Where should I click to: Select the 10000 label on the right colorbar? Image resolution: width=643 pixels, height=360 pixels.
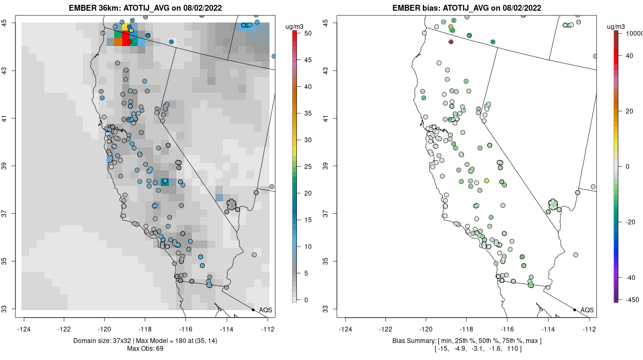point(635,33)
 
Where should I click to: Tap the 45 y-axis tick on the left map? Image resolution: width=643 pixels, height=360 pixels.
point(10,22)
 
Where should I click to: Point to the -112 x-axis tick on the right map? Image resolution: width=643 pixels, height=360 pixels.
point(589,329)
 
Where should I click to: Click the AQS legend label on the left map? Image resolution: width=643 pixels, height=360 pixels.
point(265,310)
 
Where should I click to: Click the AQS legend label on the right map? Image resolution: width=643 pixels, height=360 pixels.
point(587,310)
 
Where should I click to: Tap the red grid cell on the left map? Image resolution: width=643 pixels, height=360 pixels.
point(126,38)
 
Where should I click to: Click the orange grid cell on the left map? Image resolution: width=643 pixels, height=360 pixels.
point(118,42)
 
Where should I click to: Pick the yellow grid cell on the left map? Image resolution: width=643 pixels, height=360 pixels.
point(126,26)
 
